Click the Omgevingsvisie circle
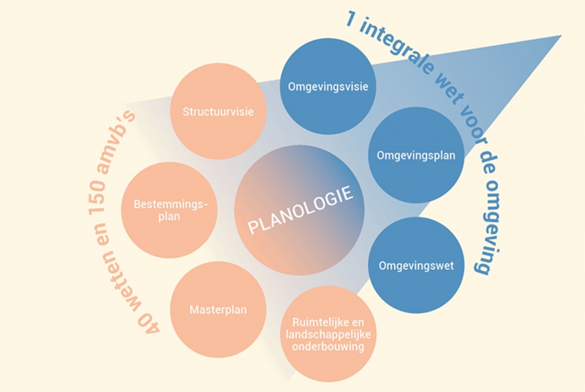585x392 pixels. (x=328, y=86)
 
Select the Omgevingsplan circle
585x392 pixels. (x=416, y=155)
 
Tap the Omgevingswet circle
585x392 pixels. (x=416, y=265)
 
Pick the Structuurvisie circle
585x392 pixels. (x=218, y=111)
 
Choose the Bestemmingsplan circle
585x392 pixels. (x=170, y=210)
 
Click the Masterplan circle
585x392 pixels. (x=218, y=309)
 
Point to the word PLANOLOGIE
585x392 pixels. (x=301, y=210)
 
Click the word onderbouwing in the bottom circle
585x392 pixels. (x=328, y=347)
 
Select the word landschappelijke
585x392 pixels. (x=328, y=334)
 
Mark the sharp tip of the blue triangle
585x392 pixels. (x=562, y=35)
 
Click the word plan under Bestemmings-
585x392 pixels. (x=169, y=217)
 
